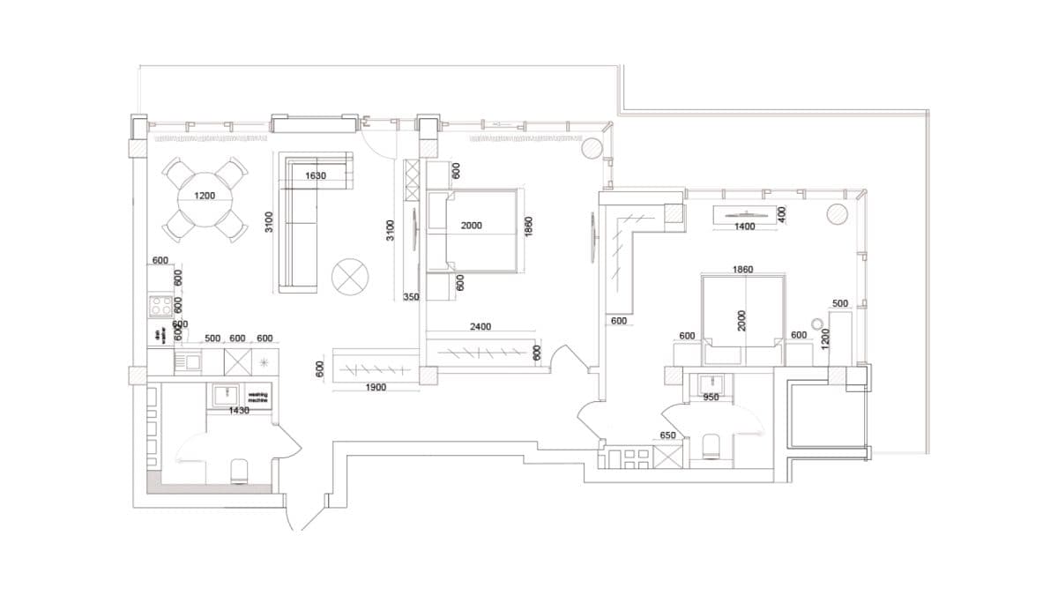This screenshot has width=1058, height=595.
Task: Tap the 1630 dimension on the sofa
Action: pyautogui.click(x=316, y=176)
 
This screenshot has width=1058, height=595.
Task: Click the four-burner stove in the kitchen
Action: pyautogui.click(x=160, y=306)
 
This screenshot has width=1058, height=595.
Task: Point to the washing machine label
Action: pyautogui.click(x=257, y=398)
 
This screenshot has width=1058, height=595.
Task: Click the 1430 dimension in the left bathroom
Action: pyautogui.click(x=239, y=411)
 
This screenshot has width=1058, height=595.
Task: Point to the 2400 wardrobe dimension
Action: pyautogui.click(x=481, y=327)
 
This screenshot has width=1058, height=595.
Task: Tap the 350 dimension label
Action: pyautogui.click(x=411, y=298)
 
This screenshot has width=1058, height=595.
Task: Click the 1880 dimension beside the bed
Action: pyautogui.click(x=528, y=226)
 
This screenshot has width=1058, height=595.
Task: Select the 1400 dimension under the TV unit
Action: pyautogui.click(x=745, y=227)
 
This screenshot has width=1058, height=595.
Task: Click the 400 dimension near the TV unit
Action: pyautogui.click(x=779, y=212)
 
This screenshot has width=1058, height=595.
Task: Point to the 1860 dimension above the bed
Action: pyautogui.click(x=742, y=269)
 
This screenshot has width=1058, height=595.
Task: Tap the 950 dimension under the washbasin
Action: pyautogui.click(x=711, y=398)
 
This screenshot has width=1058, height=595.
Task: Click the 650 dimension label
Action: pyautogui.click(x=668, y=435)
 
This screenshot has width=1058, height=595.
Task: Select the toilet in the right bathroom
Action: pyautogui.click(x=712, y=447)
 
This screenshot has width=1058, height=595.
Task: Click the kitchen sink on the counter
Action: pyautogui.click(x=190, y=361)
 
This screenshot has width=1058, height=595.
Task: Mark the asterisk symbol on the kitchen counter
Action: pyautogui.click(x=264, y=361)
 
